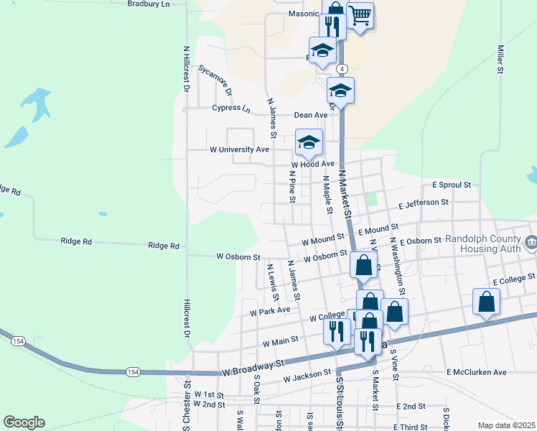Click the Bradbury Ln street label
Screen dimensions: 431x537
(148, 4)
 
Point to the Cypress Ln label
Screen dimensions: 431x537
(231, 109)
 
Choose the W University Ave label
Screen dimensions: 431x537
(239, 150)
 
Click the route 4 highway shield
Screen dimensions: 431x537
(342, 69)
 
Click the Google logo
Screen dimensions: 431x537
(24, 422)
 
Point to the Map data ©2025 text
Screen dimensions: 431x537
(507, 425)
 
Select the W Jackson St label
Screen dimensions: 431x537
(307, 376)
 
